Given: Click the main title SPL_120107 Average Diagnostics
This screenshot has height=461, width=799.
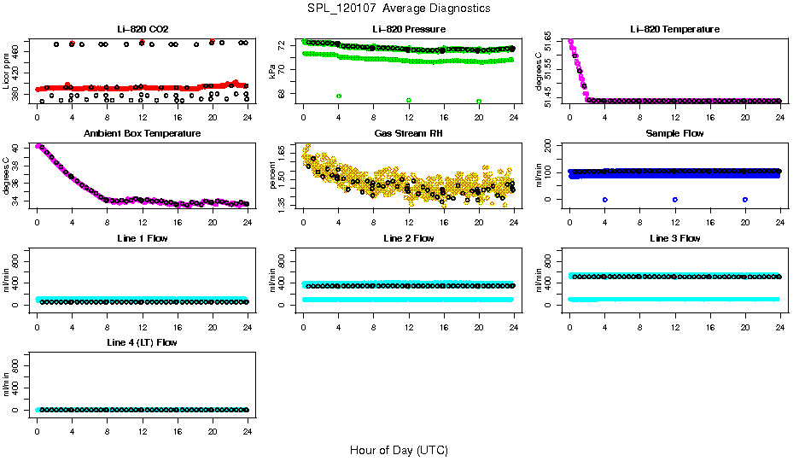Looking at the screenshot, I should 399,8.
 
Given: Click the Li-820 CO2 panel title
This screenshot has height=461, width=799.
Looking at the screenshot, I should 142,29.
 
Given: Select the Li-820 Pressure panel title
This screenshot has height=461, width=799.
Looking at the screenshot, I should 408,29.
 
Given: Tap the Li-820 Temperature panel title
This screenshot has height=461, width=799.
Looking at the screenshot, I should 674,29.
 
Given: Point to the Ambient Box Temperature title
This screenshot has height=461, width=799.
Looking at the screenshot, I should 142,134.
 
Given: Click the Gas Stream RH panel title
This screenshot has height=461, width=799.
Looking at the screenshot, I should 408,134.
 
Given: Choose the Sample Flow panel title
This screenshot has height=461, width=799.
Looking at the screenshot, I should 674,134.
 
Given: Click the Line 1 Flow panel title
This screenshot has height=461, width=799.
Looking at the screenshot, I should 142,238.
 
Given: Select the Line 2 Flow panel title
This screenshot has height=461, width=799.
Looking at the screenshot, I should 408,238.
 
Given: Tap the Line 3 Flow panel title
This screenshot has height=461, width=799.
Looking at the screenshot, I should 674,238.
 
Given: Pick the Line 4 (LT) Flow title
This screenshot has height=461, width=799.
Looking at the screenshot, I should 142,342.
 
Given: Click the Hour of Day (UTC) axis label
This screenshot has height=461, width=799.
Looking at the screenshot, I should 399,450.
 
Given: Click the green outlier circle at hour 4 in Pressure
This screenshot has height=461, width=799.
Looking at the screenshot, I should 339,96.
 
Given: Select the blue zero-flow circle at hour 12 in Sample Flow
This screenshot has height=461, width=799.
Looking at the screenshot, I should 675,199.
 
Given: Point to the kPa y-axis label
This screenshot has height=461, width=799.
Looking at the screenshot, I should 273,72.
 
